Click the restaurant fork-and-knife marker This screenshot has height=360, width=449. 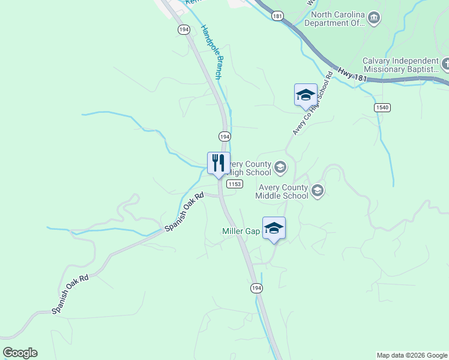218,163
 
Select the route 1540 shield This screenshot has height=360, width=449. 382,107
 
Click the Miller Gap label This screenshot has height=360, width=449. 241,231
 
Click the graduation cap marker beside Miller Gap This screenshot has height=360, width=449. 274,229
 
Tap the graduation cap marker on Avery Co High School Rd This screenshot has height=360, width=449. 306,95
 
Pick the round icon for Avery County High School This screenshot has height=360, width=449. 280,167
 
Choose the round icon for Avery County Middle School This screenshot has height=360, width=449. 318,191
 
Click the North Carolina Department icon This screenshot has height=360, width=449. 374,18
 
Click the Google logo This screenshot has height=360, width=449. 20,353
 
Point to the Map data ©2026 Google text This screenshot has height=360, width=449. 412,355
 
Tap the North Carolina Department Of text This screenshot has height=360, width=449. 335,19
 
